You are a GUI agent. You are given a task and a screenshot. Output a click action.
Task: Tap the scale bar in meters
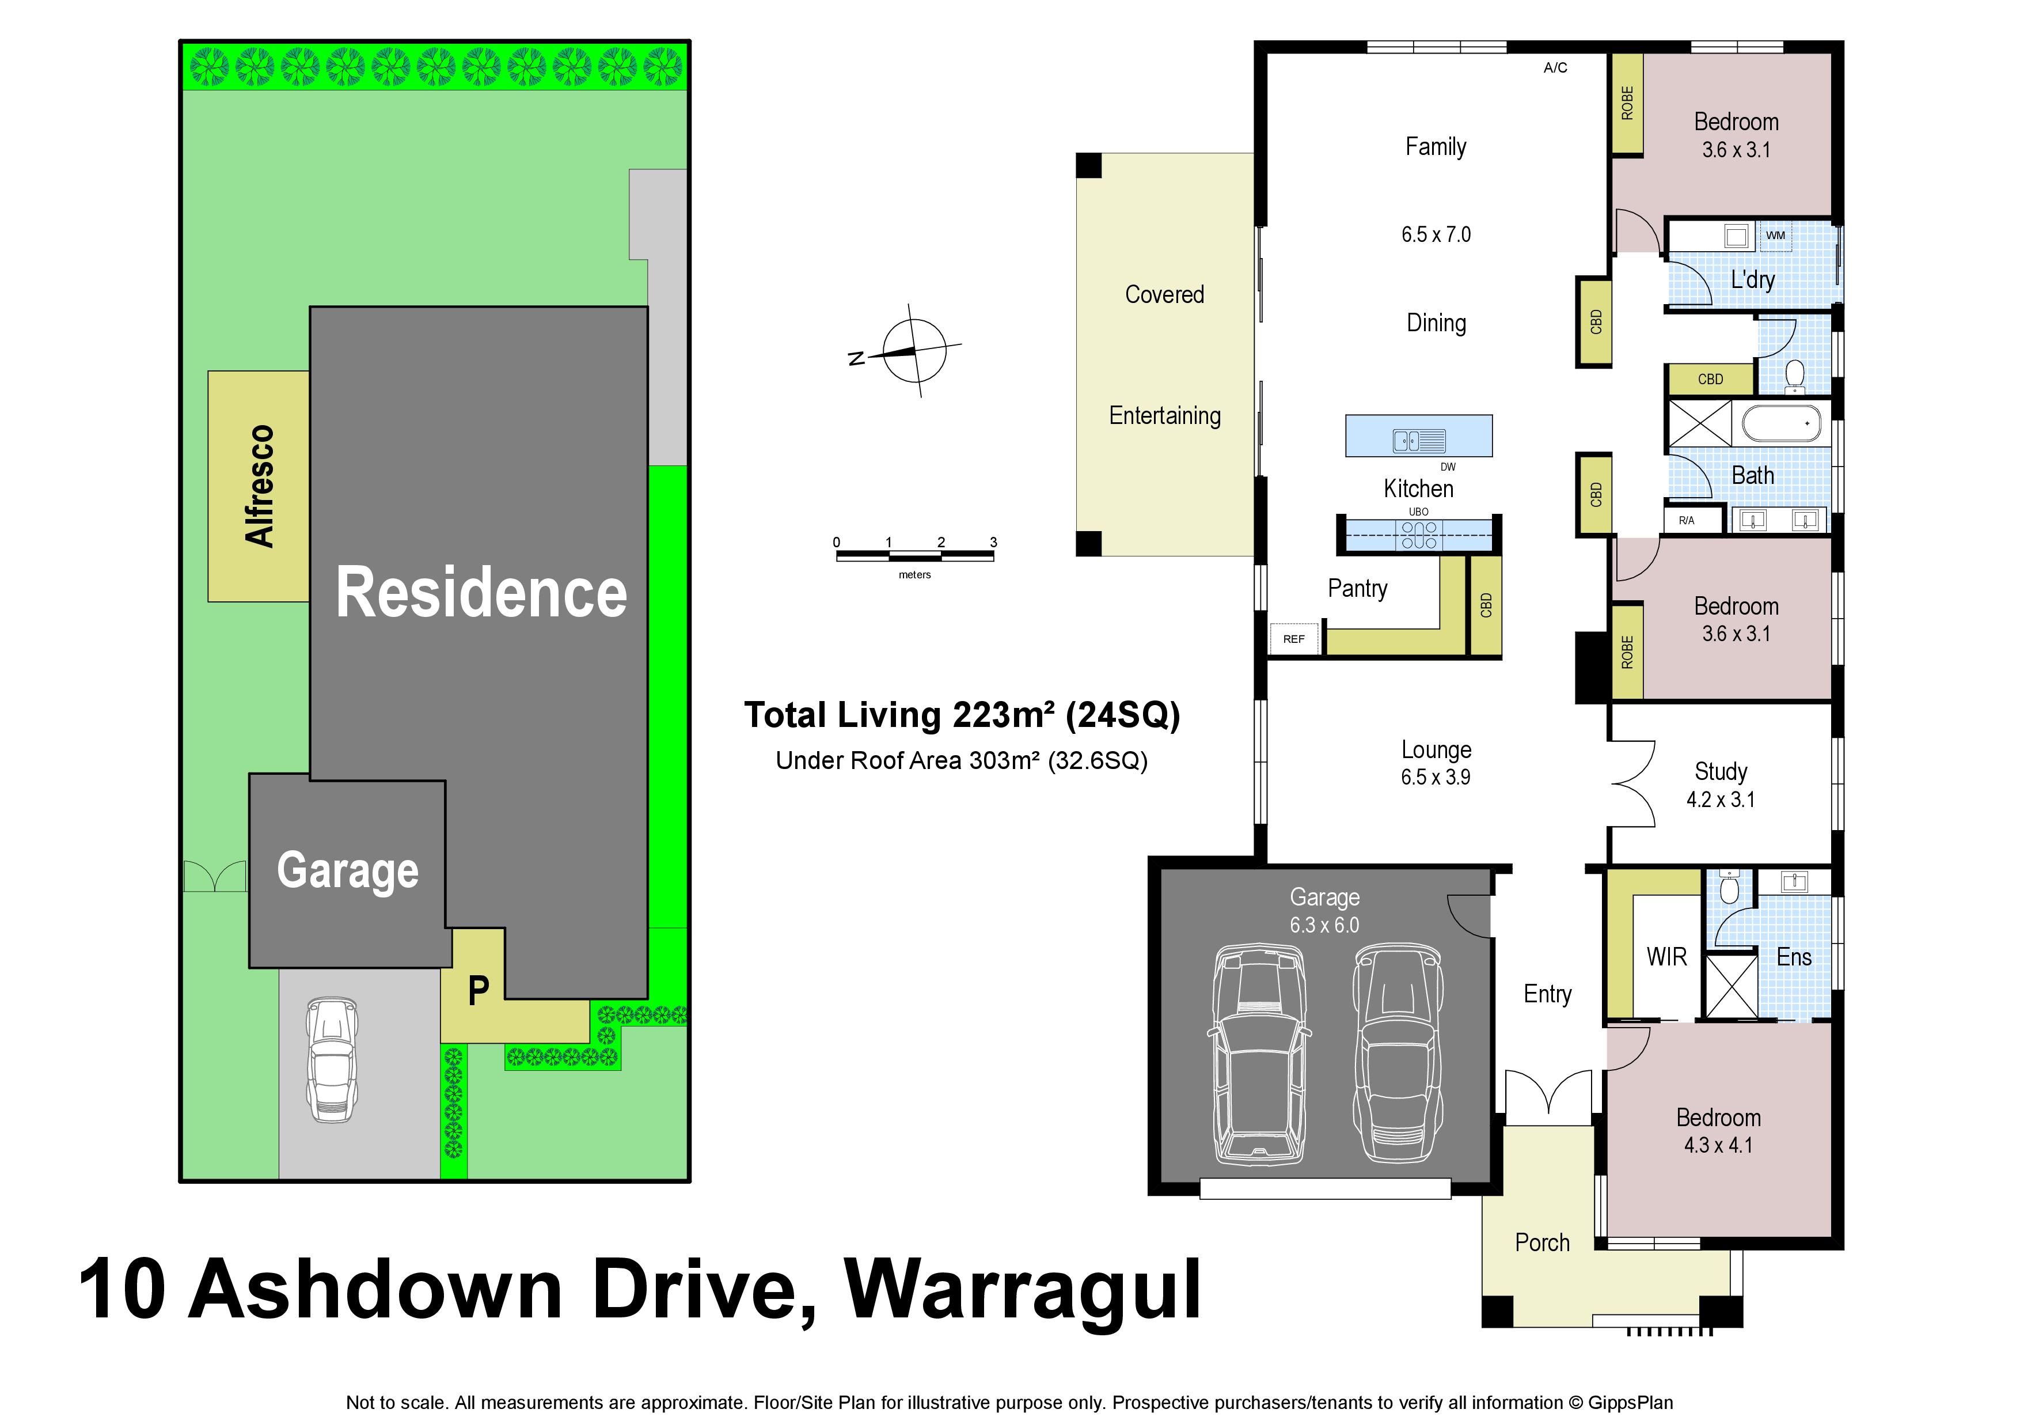915,555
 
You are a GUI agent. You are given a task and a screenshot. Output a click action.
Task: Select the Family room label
1436,147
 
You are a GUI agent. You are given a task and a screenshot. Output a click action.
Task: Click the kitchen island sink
1418,440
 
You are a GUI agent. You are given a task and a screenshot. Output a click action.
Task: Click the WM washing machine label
1775,236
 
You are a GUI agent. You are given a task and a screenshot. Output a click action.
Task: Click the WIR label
1666,957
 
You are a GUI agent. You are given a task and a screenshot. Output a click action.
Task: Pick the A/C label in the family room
1555,68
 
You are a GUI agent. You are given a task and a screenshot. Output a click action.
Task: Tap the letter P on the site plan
479,991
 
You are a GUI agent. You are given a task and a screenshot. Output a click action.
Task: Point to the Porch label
1542,1243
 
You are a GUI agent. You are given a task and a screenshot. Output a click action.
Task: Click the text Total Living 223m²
899,715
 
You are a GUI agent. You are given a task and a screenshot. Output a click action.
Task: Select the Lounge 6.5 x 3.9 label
1436,763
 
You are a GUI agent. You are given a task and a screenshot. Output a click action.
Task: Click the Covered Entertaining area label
1165,355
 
